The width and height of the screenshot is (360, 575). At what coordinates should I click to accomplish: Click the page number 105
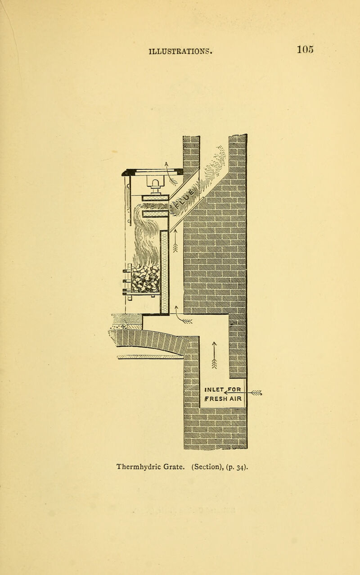tap(305, 50)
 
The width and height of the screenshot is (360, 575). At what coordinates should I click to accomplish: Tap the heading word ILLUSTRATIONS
tap(180, 51)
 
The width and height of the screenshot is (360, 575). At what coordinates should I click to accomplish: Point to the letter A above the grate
tap(166, 164)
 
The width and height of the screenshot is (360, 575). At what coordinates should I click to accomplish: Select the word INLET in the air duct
tap(214, 389)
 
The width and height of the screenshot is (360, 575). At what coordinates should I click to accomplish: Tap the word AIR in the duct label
tap(235, 399)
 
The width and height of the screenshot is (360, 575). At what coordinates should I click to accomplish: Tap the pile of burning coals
tap(146, 279)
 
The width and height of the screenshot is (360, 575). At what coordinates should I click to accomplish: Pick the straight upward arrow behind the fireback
tap(175, 240)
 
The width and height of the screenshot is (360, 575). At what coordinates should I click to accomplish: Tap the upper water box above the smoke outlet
tap(156, 198)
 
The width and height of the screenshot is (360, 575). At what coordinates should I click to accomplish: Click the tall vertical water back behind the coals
tap(164, 272)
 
